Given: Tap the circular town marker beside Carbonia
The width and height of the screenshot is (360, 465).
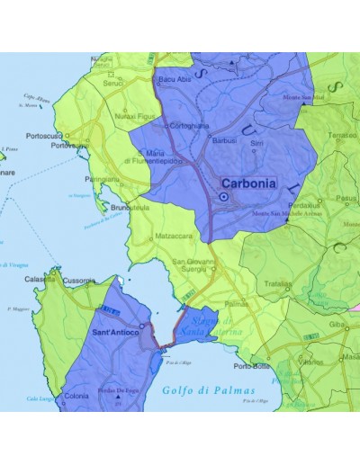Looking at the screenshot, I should [224, 197].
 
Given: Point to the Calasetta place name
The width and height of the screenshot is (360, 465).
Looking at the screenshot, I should [41, 280].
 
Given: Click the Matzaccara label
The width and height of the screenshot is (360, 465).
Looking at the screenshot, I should [150, 237].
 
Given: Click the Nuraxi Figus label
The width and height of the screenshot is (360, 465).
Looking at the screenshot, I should [135, 116].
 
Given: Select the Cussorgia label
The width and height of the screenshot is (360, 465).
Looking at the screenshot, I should [78, 281].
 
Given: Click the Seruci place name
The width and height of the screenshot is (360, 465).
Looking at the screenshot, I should [112, 84].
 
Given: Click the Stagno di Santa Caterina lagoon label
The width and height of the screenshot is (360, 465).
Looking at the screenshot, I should [215, 327].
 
